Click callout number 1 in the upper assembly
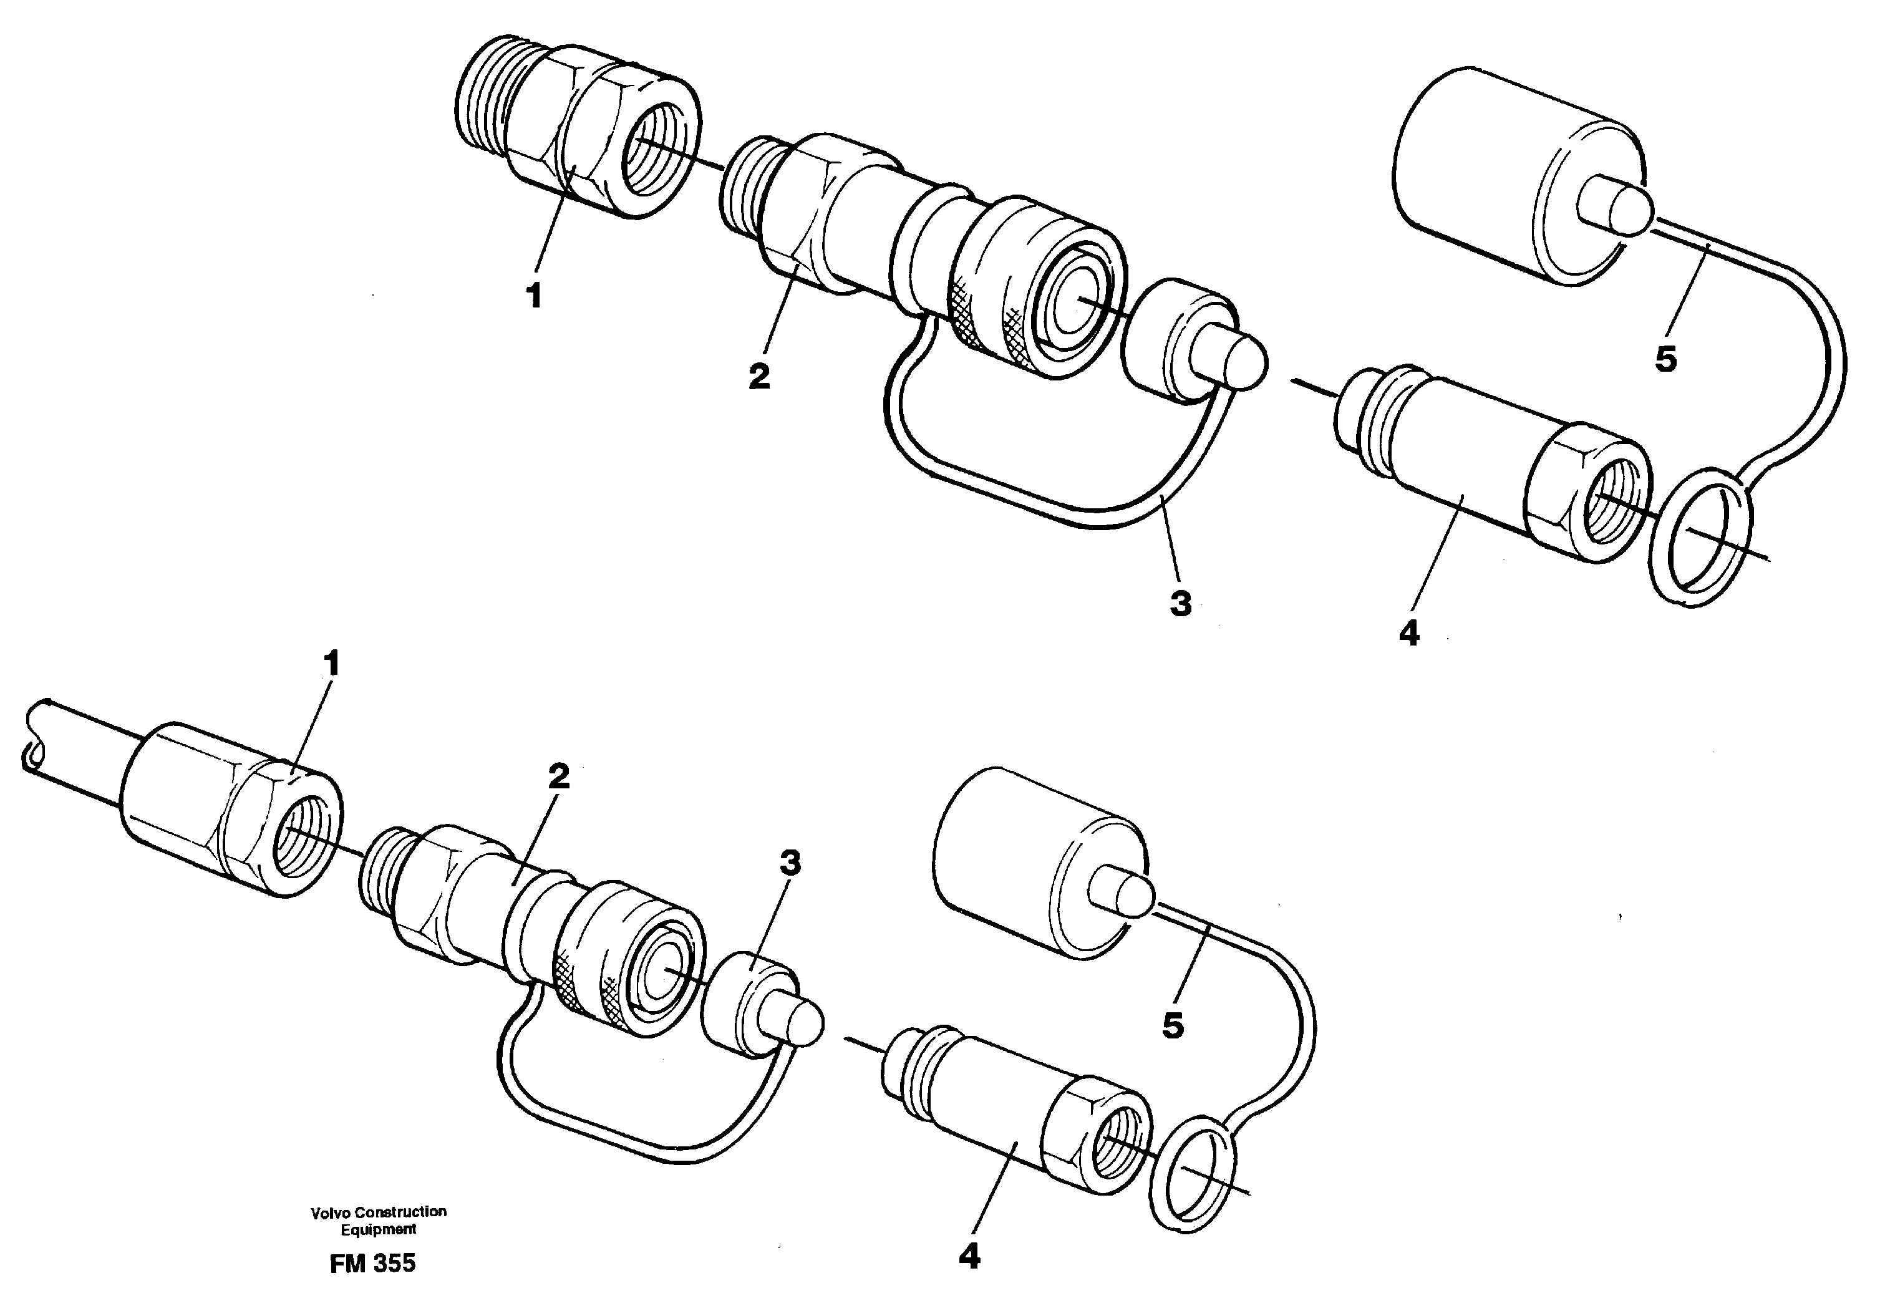535,296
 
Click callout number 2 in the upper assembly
758,377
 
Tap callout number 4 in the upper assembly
1409,633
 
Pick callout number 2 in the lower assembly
558,776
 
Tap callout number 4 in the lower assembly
969,1256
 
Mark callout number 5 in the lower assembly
1173,1025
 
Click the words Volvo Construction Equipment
379,1220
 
